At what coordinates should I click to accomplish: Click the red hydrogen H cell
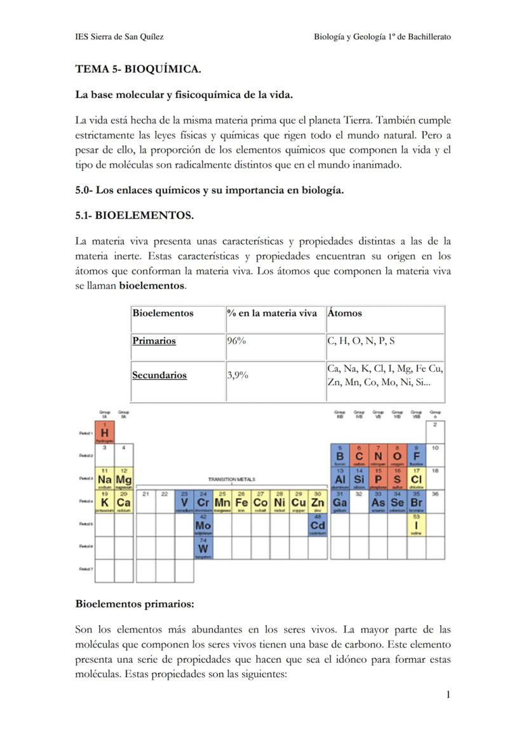104,432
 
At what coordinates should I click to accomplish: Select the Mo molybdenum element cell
203,525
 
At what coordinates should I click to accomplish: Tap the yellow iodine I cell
417,525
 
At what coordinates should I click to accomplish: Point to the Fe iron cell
241,502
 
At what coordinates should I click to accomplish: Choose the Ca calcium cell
124,502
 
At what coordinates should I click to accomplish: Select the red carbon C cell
359,456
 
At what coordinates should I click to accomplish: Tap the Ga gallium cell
340,502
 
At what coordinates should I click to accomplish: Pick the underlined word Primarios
154,341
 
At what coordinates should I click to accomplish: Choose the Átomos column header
345,313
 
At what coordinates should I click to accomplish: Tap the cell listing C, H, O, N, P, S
361,341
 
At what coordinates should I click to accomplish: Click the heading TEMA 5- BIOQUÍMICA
138,69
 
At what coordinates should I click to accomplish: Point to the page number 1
448,694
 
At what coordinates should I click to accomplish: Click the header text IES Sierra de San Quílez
119,37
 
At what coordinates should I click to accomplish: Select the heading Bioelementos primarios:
134,603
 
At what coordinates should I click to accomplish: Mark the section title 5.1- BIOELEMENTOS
134,215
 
